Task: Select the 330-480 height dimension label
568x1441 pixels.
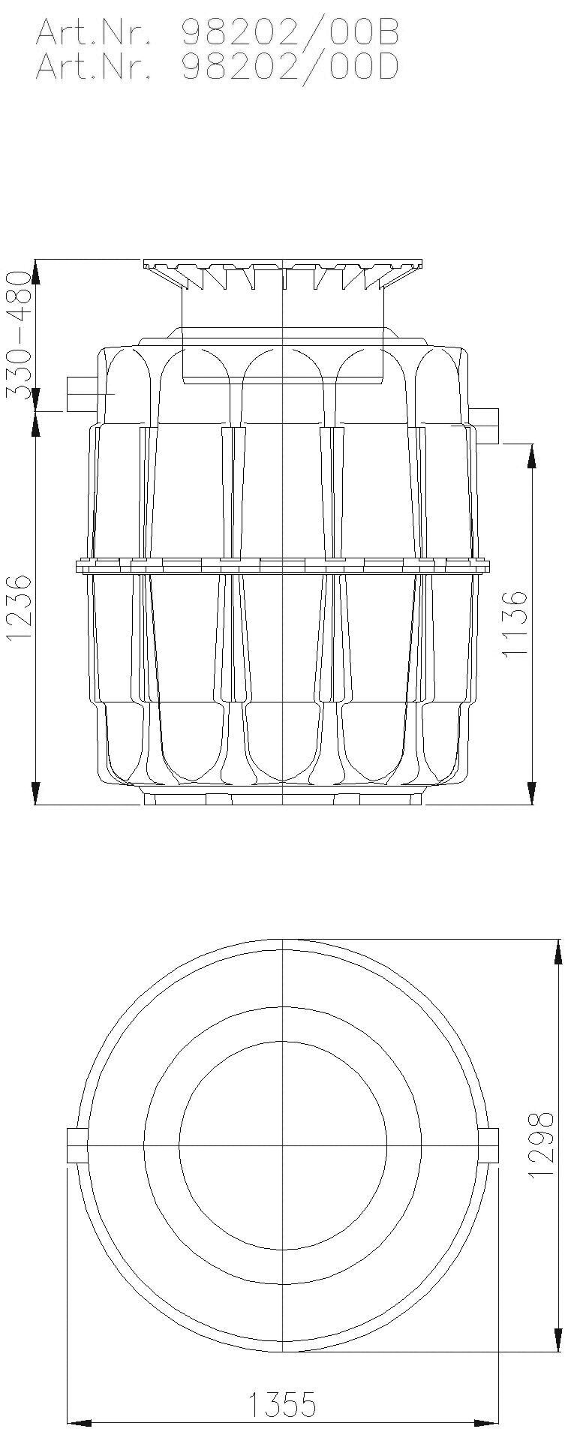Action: click(20, 335)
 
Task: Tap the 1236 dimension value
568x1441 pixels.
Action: click(20, 608)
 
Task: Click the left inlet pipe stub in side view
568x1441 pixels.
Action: click(81, 393)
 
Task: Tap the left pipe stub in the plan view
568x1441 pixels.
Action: click(77, 1145)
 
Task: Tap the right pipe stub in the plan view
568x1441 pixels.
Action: click(488, 1145)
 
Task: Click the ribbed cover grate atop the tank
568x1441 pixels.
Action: click(282, 273)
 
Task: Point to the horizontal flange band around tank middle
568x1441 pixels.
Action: click(282, 566)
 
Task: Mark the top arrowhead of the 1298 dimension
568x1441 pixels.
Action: click(558, 950)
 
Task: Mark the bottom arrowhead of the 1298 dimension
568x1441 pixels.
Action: click(558, 1340)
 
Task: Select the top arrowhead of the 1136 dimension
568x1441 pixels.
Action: click(532, 455)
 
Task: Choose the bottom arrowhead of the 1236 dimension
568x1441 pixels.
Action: click(35, 793)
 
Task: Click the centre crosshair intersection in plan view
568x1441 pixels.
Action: click(283, 1145)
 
